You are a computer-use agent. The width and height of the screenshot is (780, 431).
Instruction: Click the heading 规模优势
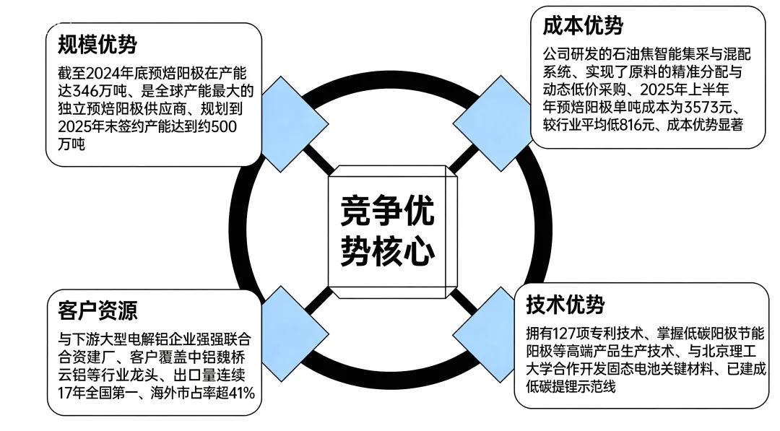click(x=97, y=45)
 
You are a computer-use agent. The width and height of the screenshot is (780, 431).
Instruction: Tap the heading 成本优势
click(x=583, y=26)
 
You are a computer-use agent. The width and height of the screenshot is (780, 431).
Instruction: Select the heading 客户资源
click(x=97, y=310)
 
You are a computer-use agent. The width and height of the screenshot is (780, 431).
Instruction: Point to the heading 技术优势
click(x=565, y=305)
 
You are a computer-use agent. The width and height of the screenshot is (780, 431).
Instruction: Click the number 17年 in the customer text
click(x=74, y=392)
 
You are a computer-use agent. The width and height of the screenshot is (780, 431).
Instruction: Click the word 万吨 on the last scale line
click(x=72, y=145)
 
